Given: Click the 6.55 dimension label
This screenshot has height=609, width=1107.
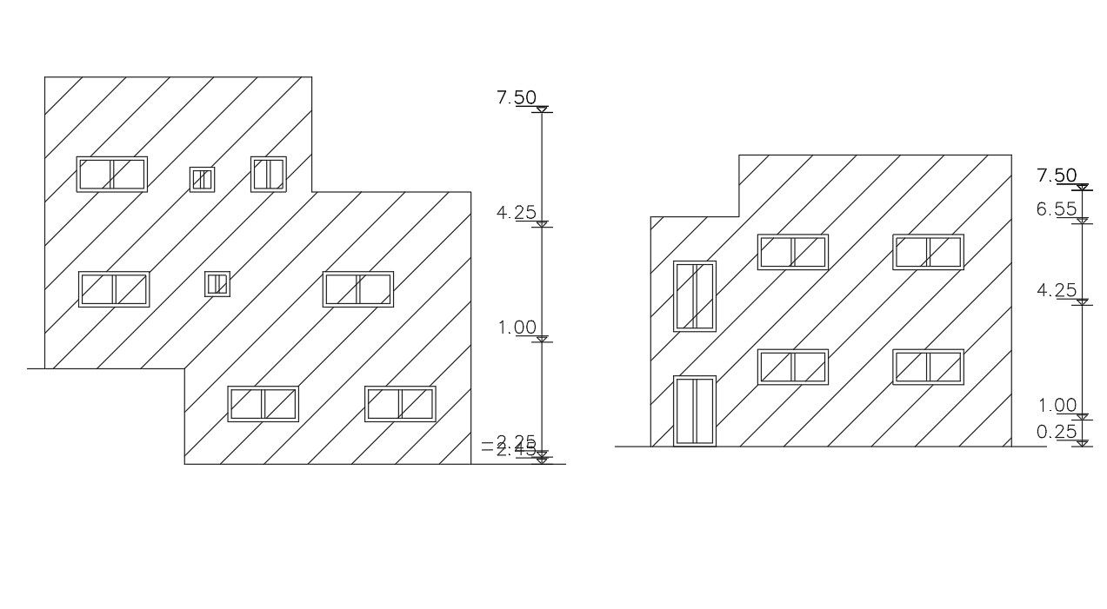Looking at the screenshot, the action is coord(1056,209).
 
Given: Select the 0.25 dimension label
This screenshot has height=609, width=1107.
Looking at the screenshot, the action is coord(1056,432).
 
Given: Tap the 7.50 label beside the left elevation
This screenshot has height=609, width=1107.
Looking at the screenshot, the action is coord(517,98).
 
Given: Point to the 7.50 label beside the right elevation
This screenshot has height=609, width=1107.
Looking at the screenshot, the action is coord(1057,176).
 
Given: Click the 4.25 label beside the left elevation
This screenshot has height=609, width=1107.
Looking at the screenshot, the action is coord(517,213).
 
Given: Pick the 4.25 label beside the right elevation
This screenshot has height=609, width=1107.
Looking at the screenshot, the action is coord(1056,291).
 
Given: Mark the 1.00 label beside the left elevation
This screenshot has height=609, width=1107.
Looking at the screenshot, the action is coord(517,328).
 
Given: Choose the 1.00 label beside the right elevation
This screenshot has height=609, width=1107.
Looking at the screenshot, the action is coord(1056,406).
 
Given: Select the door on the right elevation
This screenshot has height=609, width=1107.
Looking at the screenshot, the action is coord(695,411).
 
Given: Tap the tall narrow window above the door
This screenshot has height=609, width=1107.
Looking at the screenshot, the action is coord(695,295).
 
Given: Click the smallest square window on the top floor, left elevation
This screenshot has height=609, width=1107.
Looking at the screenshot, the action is coord(203,179).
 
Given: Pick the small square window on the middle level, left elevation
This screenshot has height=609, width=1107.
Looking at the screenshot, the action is coord(217,283).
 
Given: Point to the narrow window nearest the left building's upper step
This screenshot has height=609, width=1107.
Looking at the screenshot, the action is coord(269,174).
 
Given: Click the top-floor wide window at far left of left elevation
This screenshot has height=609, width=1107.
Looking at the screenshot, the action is coord(112,174).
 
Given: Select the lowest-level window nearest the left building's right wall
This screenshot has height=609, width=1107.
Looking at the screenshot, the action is coord(400,404).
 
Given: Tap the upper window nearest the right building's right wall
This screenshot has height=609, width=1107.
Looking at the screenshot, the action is coord(928,252).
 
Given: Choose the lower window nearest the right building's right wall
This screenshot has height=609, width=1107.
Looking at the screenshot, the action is coord(928,367).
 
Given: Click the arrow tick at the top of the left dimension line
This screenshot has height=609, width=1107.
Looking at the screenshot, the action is coord(542,109).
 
